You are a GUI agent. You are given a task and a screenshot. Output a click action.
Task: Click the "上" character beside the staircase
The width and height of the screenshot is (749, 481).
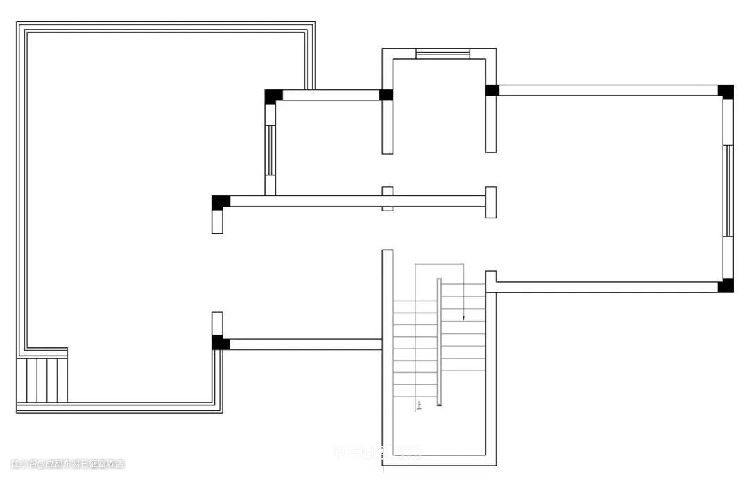(418, 406)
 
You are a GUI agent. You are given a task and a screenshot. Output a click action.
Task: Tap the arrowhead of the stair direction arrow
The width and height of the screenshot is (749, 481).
(463, 317)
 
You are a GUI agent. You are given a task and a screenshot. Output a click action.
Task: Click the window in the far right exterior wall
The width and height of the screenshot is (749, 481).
(728, 191)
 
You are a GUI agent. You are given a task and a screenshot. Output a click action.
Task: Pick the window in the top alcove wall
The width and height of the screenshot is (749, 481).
(442, 53)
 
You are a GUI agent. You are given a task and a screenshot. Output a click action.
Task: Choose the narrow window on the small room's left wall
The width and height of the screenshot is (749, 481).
(270, 150)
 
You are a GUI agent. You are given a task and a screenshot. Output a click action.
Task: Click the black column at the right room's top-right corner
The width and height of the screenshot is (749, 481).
(725, 91)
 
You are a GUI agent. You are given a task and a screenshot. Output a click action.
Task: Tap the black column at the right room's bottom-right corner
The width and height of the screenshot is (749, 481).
(725, 286)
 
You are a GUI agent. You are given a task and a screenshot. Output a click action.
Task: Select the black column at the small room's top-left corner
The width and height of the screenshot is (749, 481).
(273, 96)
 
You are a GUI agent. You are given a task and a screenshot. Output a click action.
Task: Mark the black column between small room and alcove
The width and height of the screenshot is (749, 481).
(386, 95)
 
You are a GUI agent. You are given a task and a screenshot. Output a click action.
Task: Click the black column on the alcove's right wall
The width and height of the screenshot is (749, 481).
(492, 90)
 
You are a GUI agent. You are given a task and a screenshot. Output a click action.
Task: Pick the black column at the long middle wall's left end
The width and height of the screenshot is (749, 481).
(221, 202)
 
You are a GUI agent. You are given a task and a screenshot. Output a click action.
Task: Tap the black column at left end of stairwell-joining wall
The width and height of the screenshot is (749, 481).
(220, 342)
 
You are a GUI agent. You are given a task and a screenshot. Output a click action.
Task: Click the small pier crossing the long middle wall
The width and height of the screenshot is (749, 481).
(388, 199)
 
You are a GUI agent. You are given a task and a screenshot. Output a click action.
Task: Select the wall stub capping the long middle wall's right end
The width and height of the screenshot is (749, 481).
(490, 202)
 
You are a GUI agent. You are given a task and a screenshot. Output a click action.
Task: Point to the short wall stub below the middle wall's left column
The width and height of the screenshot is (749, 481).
(217, 221)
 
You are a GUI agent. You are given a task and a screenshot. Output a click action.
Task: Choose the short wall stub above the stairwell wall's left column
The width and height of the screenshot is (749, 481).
(217, 324)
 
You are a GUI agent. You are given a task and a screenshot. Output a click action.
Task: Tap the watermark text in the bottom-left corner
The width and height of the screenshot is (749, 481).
(67, 464)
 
